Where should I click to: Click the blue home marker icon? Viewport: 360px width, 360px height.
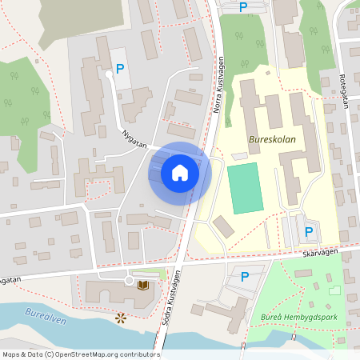click(x=180, y=173)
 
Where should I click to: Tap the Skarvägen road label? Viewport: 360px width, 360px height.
click(x=322, y=252)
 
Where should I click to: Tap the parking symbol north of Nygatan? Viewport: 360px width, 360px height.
click(x=120, y=69)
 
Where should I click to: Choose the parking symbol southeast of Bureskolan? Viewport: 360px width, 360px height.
click(x=308, y=233)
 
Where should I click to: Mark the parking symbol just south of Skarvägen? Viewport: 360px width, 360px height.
click(x=245, y=277)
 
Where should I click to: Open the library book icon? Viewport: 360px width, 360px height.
click(x=143, y=284)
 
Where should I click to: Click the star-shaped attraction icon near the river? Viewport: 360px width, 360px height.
click(x=121, y=318)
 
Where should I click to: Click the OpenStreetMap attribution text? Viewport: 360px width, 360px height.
click(x=80, y=354)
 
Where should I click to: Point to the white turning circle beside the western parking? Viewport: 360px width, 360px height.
click(x=109, y=74)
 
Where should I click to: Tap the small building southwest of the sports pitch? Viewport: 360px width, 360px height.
click(x=224, y=226)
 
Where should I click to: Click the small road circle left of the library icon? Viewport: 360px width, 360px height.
click(x=128, y=281)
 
